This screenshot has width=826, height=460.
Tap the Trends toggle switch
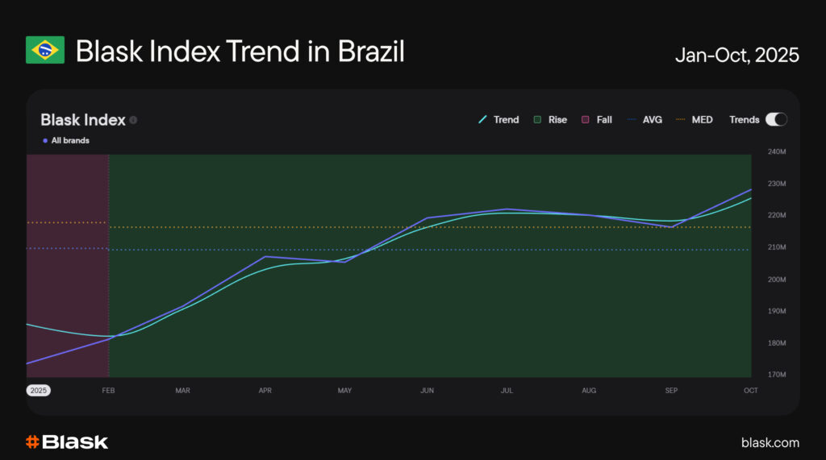tap(776, 119)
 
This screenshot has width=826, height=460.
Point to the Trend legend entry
tap(499, 119)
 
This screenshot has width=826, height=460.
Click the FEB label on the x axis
tap(109, 391)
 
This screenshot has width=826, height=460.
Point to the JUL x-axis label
tap(507, 391)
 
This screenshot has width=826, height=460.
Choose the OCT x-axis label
tap(750, 391)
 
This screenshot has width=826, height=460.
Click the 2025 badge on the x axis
tap(39, 391)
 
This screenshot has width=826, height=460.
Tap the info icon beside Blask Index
tap(133, 120)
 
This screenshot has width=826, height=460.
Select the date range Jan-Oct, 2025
tap(737, 55)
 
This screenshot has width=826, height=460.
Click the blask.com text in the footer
tap(770, 442)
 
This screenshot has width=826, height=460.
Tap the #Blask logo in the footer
tap(67, 441)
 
